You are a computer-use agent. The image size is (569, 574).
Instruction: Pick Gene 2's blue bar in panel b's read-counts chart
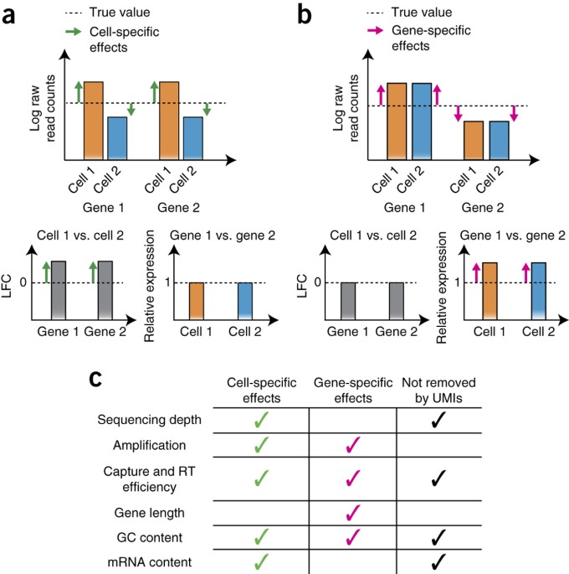pos(499,140)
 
